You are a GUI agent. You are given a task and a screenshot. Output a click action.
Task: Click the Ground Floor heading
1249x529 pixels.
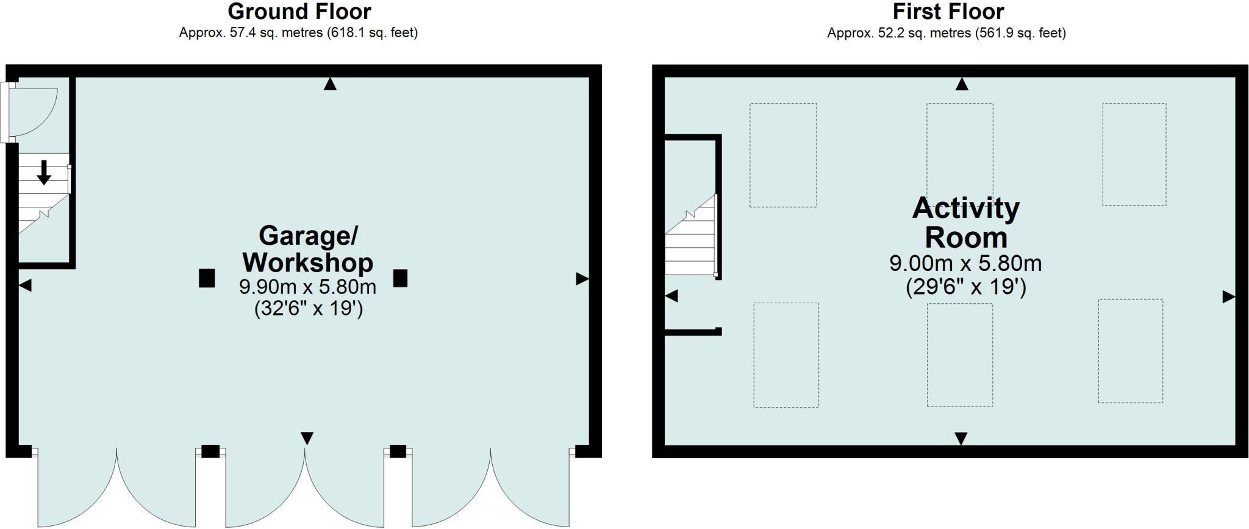coord(299,11)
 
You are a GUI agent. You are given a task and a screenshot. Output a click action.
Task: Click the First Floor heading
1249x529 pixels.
coord(948,11)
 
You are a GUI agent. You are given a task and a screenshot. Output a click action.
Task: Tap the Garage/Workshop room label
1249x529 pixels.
coord(308,249)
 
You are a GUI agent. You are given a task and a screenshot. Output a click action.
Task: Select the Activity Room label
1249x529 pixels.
coord(965,223)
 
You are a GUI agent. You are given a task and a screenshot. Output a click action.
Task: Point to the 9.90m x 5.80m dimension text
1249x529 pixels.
coord(307,286)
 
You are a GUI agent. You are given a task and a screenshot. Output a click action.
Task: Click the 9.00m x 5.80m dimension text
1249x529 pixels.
coord(965,264)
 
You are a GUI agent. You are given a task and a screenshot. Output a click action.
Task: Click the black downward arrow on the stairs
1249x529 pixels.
coord(44,172)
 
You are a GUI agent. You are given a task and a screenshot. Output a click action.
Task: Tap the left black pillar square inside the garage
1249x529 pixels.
coord(207,278)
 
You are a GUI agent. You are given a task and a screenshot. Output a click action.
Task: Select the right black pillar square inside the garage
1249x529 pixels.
coord(400,278)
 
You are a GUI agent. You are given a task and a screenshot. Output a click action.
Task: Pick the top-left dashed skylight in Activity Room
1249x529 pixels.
coord(783,155)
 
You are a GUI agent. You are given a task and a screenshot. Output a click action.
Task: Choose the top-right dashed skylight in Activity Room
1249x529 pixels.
coord(1134,154)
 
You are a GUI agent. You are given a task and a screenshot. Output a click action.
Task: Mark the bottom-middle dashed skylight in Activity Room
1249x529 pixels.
coord(960,355)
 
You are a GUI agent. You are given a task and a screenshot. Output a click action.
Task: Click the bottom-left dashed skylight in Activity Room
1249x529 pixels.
coord(786,355)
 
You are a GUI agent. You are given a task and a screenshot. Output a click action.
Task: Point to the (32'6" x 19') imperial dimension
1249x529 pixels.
coord(309,309)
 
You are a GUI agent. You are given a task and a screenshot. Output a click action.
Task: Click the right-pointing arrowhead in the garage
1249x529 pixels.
coord(582,279)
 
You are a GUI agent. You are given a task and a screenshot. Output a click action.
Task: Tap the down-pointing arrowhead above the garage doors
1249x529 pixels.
coord(307,438)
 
